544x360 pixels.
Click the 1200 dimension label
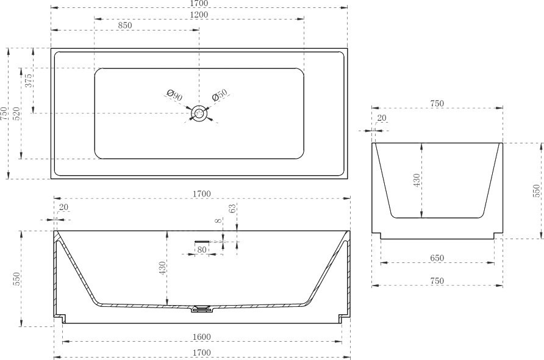[199, 15]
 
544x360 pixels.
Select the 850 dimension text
[125, 26]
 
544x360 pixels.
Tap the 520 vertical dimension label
[16, 113]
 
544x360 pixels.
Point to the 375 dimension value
[29, 80]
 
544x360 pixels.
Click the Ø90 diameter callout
[174, 95]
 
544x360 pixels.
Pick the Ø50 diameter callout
[220, 95]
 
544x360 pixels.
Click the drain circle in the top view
[199, 113]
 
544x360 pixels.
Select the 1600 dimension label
[202, 337]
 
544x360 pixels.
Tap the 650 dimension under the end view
[437, 258]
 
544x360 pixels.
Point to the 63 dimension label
[232, 208]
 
